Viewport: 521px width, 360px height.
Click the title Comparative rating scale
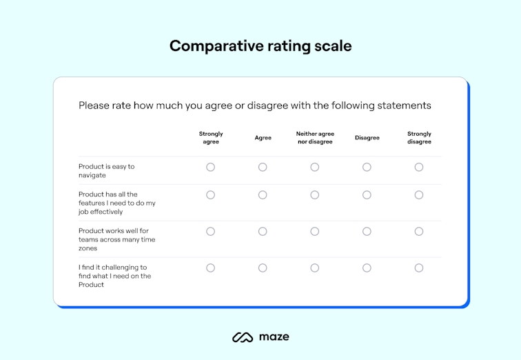pyautogui.click(x=260, y=46)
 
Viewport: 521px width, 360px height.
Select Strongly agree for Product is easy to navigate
pyautogui.click(x=211, y=167)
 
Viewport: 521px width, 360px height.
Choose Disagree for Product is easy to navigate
pyautogui.click(x=367, y=167)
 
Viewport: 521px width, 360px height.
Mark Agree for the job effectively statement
pyautogui.click(x=263, y=195)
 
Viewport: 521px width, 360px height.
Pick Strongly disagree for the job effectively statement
pyautogui.click(x=419, y=195)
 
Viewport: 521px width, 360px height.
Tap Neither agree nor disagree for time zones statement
pyautogui.click(x=315, y=232)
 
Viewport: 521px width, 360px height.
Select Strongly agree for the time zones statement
pyautogui.click(x=211, y=232)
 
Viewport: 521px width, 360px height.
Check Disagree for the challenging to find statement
pyautogui.click(x=367, y=268)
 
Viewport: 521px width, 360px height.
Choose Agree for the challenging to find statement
pyautogui.click(x=263, y=268)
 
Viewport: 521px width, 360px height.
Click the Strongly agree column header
pyautogui.click(x=211, y=138)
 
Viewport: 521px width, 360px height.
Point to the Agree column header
pyautogui.click(x=263, y=138)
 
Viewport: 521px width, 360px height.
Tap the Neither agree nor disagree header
pyautogui.click(x=315, y=138)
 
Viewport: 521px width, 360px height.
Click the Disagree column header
pyautogui.click(x=367, y=138)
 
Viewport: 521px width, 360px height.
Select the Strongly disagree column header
pyautogui.click(x=419, y=138)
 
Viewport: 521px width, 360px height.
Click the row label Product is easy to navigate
pyautogui.click(x=107, y=171)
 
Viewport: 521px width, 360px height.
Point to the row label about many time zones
pyautogui.click(x=117, y=239)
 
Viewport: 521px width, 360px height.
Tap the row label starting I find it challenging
pyautogui.click(x=114, y=276)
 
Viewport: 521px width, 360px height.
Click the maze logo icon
pyautogui.click(x=243, y=337)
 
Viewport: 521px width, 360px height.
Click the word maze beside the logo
pyautogui.click(x=274, y=337)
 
